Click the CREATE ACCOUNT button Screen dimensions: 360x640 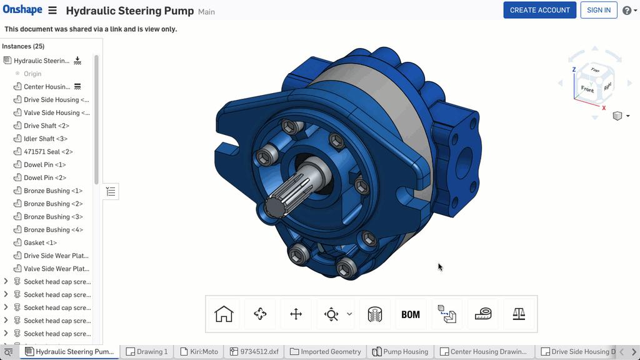point(539,10)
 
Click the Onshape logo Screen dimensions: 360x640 point(22,10)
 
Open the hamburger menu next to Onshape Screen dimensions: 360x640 point(52,11)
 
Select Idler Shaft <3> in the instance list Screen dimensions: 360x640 point(46,139)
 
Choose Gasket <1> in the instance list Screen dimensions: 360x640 point(40,242)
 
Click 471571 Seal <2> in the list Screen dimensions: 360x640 point(48,152)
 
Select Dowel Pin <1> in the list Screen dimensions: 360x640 point(44,165)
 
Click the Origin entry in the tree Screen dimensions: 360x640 point(32,74)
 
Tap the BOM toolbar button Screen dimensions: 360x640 point(411,314)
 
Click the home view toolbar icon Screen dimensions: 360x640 point(224,314)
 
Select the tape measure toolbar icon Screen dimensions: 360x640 point(482,314)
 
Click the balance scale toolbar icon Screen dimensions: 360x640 point(519,314)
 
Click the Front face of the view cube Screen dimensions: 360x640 point(587,89)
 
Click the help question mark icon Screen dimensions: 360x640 point(626,11)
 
